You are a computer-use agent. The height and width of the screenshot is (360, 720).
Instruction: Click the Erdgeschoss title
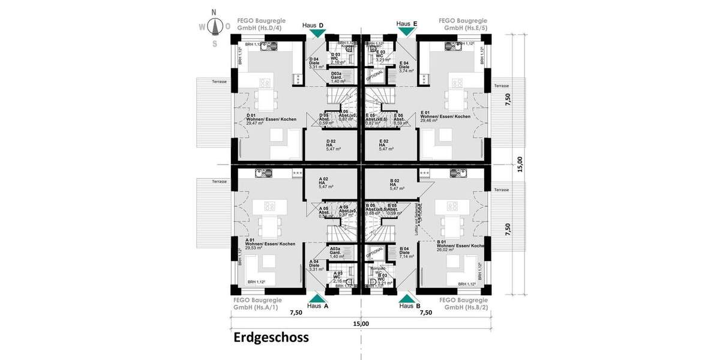click(x=271, y=338)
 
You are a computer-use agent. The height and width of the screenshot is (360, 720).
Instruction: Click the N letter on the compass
click(x=214, y=12)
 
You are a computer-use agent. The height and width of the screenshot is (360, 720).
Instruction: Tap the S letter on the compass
click(x=214, y=43)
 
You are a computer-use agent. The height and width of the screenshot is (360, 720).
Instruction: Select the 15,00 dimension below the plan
click(x=361, y=324)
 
